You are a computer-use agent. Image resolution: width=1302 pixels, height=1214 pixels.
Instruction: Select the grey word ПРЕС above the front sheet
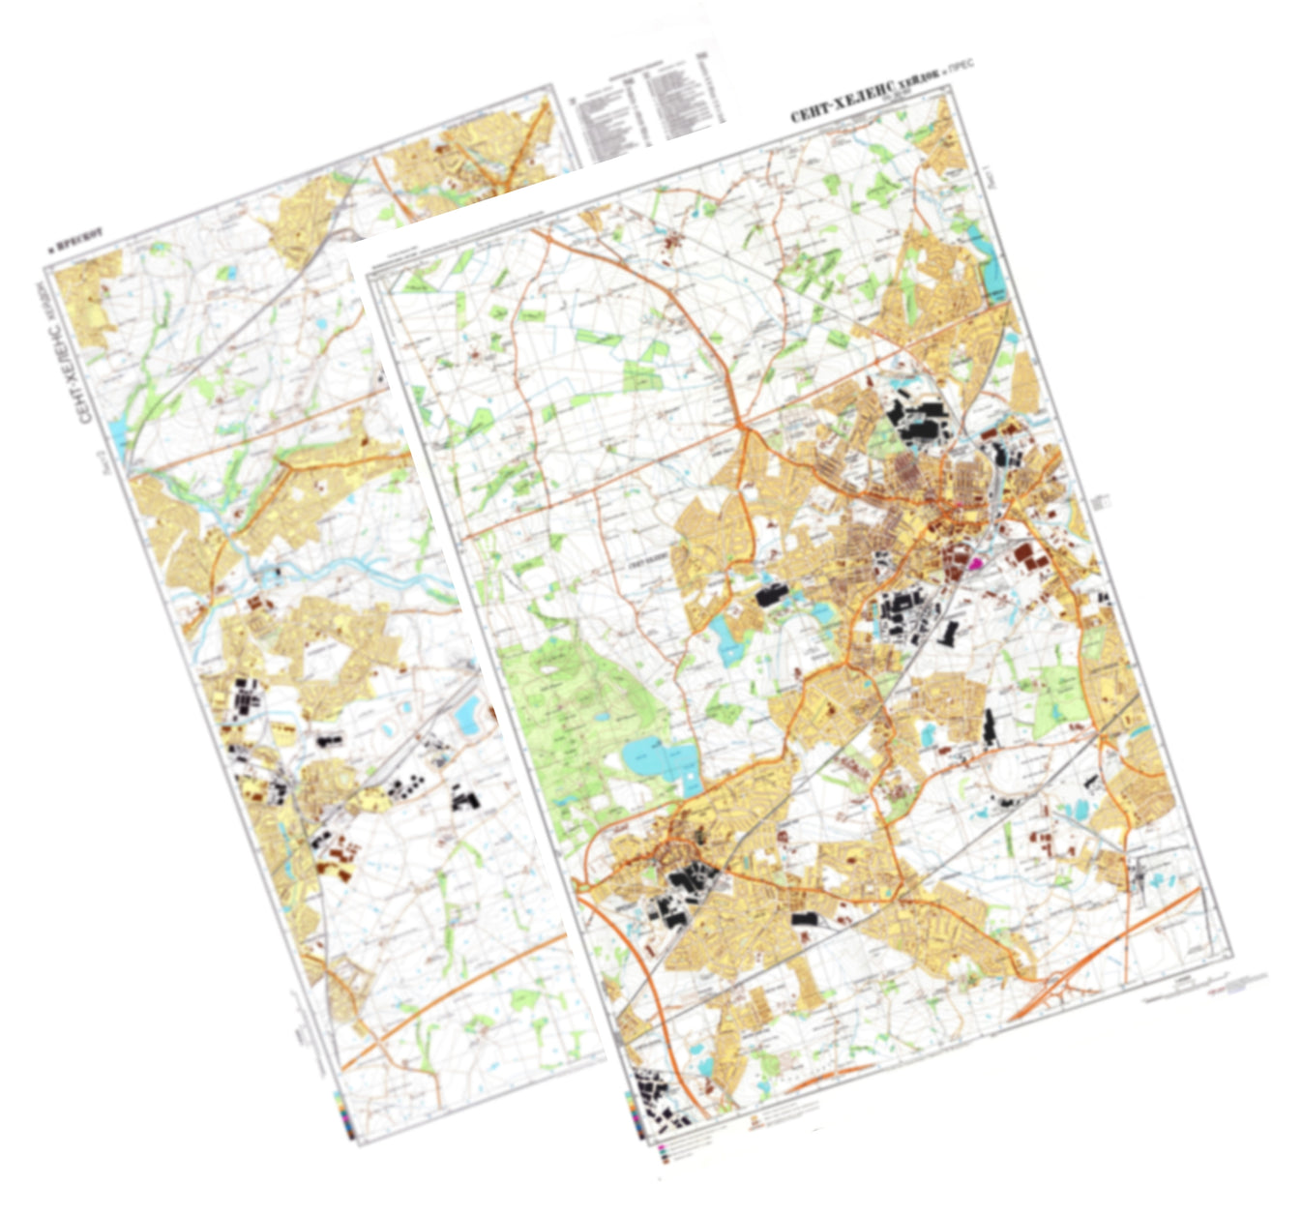pos(960,69)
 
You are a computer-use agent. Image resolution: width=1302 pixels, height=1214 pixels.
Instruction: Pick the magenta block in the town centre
pos(975,560)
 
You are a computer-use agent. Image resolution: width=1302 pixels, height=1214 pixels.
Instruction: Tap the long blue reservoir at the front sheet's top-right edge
pos(994,261)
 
